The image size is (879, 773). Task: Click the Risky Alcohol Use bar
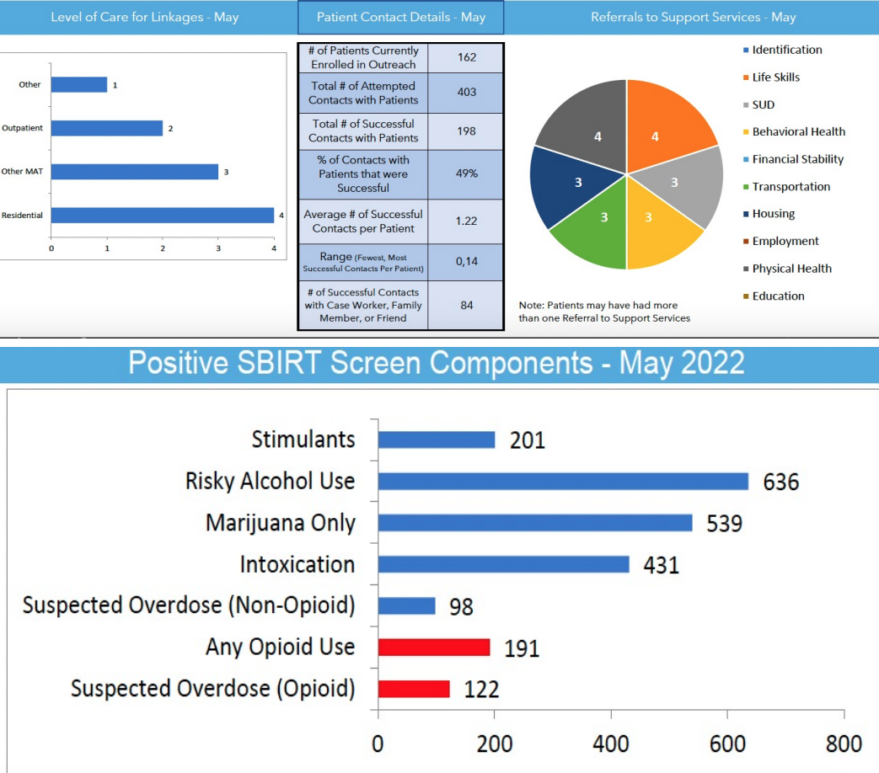[x=563, y=481]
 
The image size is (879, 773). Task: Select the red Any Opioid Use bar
[x=434, y=647]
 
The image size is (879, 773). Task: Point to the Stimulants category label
[x=303, y=439]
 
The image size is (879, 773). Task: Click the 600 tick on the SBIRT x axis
[x=727, y=744]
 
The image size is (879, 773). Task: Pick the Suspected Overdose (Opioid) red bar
[x=414, y=688]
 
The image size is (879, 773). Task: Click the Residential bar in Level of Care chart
[x=163, y=216]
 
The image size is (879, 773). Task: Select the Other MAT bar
[x=135, y=172]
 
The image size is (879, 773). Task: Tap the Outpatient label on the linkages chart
[x=23, y=128]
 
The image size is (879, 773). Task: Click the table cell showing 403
[x=466, y=93]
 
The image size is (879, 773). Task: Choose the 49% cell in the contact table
[x=466, y=173]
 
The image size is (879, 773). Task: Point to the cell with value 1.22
[x=466, y=221]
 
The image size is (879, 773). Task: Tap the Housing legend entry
[x=773, y=214]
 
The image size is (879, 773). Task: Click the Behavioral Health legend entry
[x=798, y=131]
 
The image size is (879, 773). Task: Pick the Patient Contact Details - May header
[x=400, y=17]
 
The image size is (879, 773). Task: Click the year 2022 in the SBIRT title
[x=706, y=363]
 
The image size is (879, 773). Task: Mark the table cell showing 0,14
[x=466, y=262]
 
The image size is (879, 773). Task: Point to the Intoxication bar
[x=503, y=564]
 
